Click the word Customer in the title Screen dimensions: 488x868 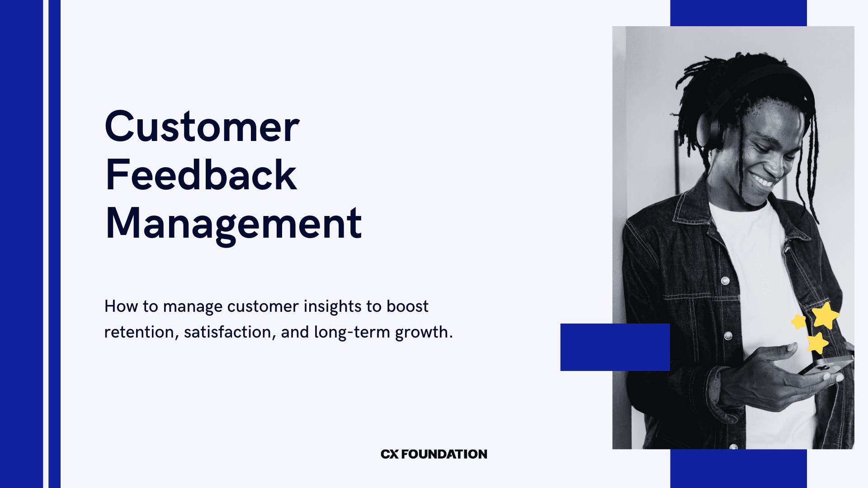click(x=202, y=127)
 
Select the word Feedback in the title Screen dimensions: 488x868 click(x=201, y=175)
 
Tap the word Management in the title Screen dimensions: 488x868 click(x=233, y=224)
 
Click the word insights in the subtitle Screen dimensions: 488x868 click(x=332, y=306)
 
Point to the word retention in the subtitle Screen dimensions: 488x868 click(x=139, y=332)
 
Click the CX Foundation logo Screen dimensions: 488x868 click(x=434, y=454)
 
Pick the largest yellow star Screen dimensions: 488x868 click(x=826, y=315)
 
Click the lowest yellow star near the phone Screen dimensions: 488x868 click(x=817, y=343)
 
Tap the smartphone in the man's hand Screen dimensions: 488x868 click(x=825, y=365)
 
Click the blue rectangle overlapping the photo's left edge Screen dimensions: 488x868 click(x=615, y=347)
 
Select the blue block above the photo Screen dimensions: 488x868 click(x=738, y=13)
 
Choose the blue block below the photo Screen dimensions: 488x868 click(x=738, y=469)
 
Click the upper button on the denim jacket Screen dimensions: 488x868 click(x=725, y=281)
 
